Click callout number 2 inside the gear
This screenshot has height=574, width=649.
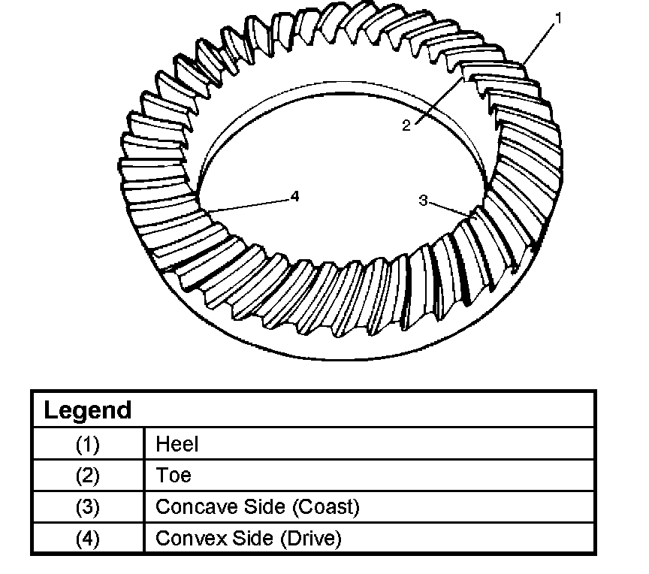click(406, 125)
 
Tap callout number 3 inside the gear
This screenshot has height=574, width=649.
click(423, 200)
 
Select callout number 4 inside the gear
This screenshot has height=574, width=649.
click(294, 196)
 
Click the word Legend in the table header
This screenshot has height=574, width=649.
click(87, 410)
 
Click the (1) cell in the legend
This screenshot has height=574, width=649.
click(87, 444)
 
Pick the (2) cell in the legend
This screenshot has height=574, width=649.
click(87, 476)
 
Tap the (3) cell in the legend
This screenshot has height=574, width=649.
click(87, 507)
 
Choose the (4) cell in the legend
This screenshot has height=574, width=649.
click(87, 539)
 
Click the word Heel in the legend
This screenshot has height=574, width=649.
click(177, 444)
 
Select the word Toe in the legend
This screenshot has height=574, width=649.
click(174, 476)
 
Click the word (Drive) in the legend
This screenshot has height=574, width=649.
click(312, 539)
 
